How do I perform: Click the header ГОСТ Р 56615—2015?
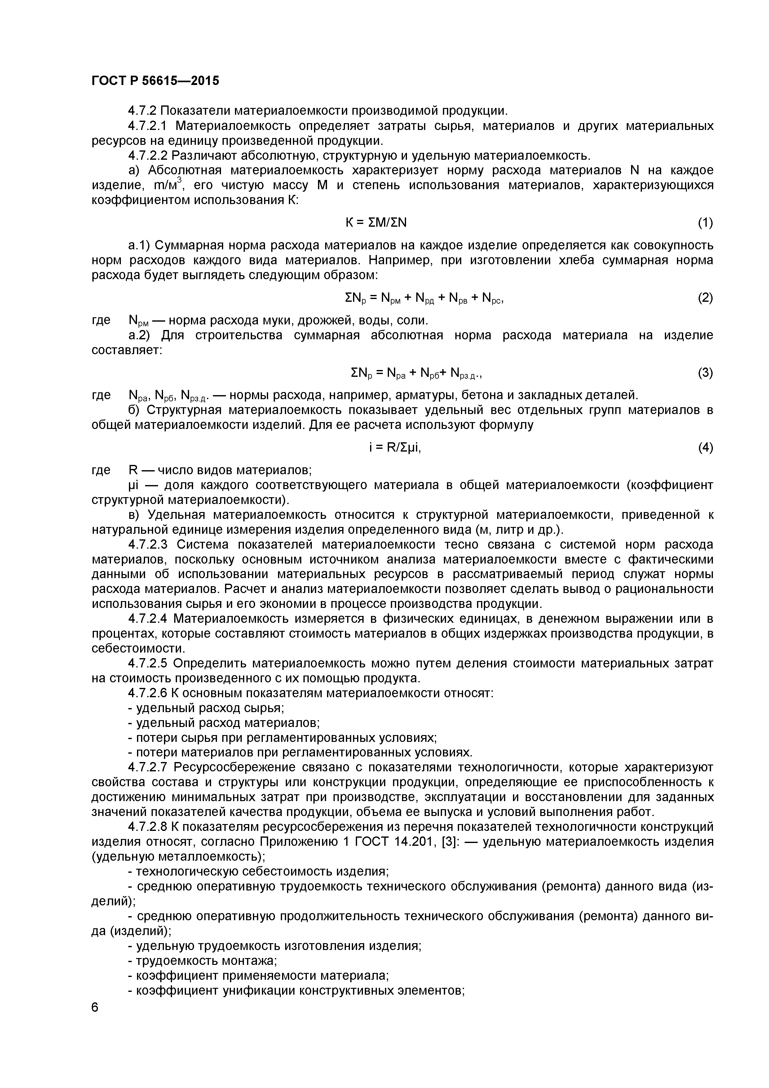(x=155, y=81)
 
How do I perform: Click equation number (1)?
(x=705, y=222)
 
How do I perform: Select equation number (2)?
(x=705, y=298)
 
